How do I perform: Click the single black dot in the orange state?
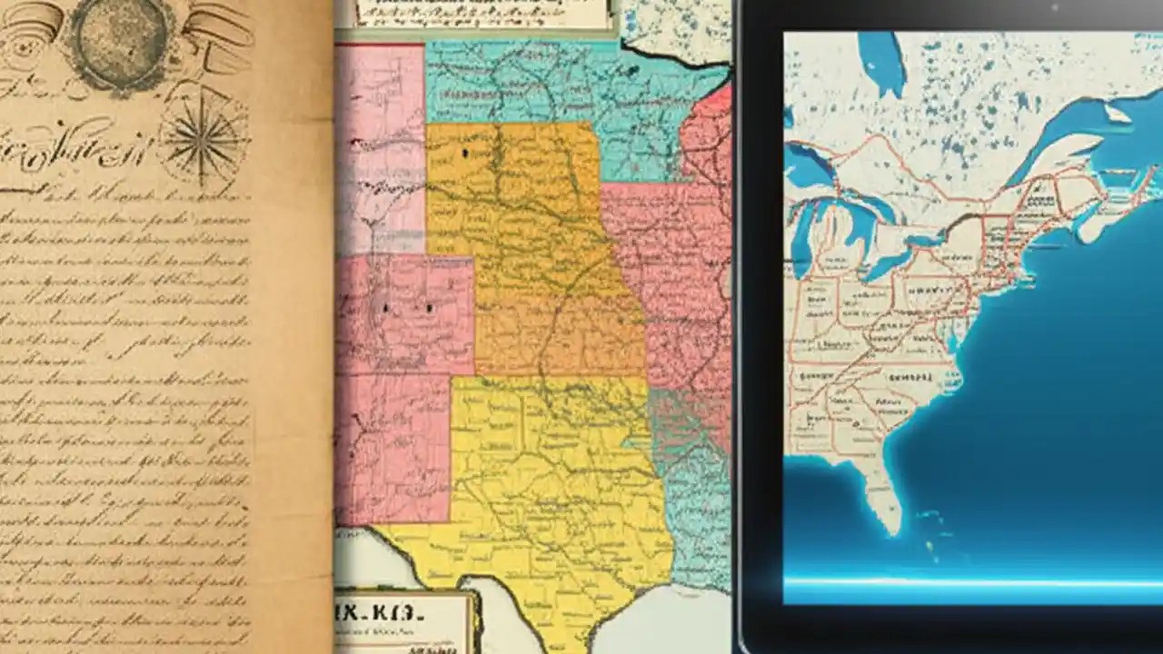[465, 154]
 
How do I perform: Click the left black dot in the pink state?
[385, 309]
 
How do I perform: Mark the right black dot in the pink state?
[429, 309]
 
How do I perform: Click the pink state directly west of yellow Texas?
[393, 445]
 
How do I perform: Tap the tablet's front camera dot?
[1055, 7]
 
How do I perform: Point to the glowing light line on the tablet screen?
[972, 581]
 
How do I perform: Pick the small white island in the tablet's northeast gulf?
[1118, 114]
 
